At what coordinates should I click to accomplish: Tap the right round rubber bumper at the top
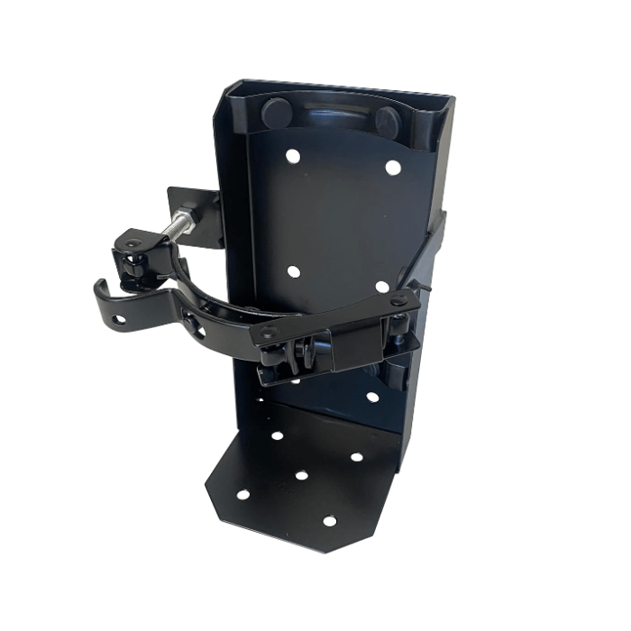pos(389,120)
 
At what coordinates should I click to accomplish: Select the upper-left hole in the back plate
pos(292,156)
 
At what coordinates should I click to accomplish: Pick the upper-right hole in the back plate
pos(392,167)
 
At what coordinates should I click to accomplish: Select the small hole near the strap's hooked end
pos(119,320)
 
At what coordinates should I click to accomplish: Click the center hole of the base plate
pos(301,474)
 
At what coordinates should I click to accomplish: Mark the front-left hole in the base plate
pos(242,495)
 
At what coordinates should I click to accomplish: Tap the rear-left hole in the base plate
pos(277,435)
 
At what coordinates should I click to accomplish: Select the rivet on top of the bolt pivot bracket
pos(133,243)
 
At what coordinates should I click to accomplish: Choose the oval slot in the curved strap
pos(196,329)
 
